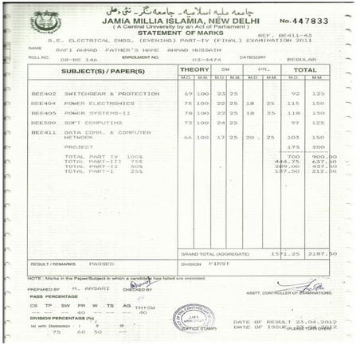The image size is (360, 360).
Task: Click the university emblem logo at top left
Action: click(45, 22)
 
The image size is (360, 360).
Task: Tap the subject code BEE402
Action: click(43, 93)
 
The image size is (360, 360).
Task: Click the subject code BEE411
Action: click(43, 132)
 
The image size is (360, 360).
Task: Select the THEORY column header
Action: click(195, 70)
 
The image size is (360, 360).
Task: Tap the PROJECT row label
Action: click(79, 147)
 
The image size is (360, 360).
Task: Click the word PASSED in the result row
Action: click(101, 263)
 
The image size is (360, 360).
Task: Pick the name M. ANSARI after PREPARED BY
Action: click(85, 288)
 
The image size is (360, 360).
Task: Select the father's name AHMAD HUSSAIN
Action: click(197, 49)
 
